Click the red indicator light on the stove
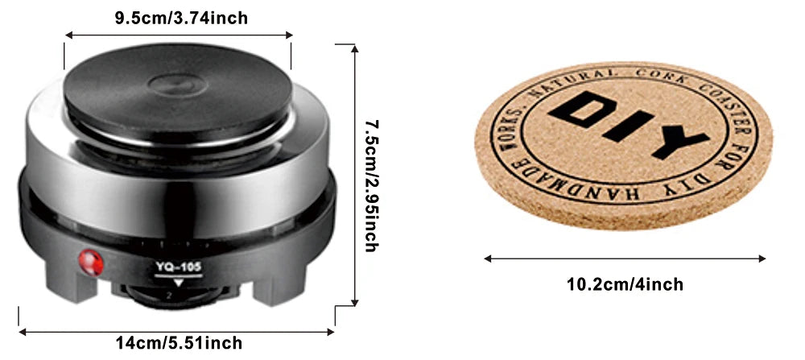pos(91,263)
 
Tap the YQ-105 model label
pos(179,267)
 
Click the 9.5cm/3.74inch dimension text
pos(181,18)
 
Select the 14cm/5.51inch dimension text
pos(179,342)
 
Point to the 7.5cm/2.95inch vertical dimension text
pos(372,186)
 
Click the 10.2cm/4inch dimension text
pos(625,284)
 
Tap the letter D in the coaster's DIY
pos(583,110)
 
